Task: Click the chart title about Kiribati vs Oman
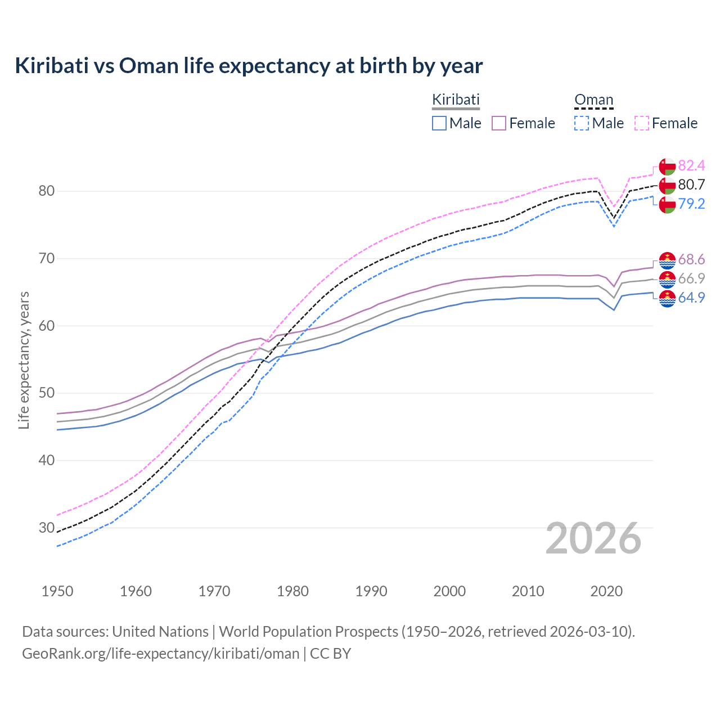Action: coord(249,66)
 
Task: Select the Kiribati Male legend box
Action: coord(439,123)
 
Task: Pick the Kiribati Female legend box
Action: coord(499,123)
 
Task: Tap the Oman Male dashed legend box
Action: coord(582,123)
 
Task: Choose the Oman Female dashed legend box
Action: coord(642,123)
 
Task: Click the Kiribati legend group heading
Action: coord(456,100)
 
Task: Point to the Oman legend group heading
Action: coord(593,100)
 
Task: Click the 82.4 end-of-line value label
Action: coord(691,165)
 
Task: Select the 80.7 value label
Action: coord(691,184)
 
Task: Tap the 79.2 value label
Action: coord(691,204)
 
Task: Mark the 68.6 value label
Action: coord(691,259)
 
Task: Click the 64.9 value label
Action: coord(691,298)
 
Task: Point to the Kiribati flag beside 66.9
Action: coord(667,279)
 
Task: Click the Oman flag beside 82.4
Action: coord(667,166)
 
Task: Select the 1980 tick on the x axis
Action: coord(292,591)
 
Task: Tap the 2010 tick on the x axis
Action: coord(528,591)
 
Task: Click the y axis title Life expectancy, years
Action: coord(24,360)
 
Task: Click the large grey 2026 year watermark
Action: coord(593,538)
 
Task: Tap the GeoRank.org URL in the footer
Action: coord(160,654)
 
